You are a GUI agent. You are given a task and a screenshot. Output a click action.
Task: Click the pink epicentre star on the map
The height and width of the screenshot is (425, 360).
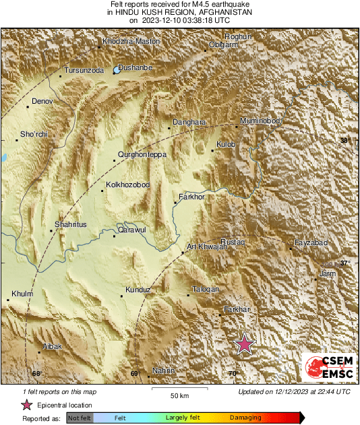pos(244,344)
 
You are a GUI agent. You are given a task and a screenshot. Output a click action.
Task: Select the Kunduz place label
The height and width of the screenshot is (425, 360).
pos(137,290)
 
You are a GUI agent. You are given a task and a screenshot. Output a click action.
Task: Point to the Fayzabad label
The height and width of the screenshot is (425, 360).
pos(311,242)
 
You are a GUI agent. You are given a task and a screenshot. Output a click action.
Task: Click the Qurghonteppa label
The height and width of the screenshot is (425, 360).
pos(142,155)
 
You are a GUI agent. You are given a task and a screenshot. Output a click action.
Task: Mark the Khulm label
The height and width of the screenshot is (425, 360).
pos(22,294)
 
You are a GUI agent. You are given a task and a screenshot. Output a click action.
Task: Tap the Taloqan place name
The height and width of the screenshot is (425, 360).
pos(206,290)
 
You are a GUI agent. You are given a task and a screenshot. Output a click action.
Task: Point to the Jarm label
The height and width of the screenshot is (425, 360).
pos(328,273)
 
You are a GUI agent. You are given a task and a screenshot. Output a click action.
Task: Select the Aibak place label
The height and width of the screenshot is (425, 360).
pos(53,346)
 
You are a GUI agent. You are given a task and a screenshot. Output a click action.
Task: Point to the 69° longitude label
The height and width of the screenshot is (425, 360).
pos(135,374)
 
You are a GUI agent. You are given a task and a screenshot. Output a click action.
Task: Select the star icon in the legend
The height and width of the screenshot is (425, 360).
pos(27,405)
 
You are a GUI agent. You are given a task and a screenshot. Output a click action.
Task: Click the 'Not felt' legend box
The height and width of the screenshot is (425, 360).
pos(80,418)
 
